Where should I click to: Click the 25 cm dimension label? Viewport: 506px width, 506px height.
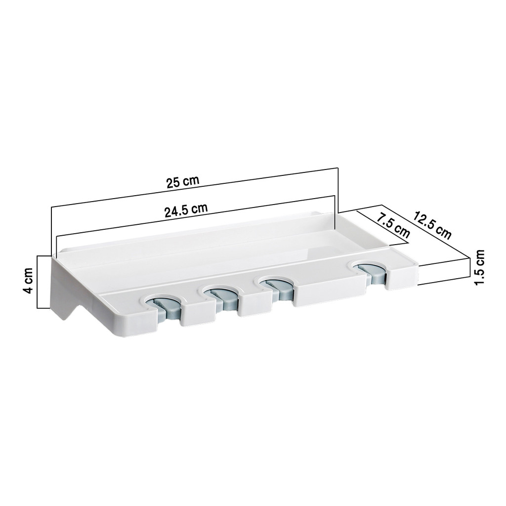pos(183,182)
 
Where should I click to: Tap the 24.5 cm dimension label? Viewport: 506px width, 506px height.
pos(186,211)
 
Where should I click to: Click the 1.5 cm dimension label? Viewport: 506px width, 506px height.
pos(479,267)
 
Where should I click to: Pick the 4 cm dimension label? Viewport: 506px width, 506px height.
pos(28,281)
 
